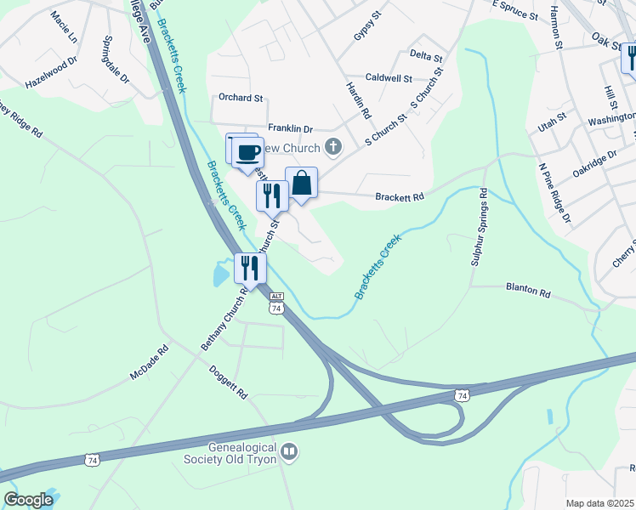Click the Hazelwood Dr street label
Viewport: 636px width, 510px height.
[x=51, y=73]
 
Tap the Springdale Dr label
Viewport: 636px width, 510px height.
[x=114, y=59]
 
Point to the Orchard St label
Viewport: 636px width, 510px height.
[x=241, y=97]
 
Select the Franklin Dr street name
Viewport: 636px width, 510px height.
[x=291, y=128]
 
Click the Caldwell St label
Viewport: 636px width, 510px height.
[x=388, y=78]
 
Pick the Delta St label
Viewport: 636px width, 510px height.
[x=426, y=57]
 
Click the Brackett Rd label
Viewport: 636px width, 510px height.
[x=400, y=197]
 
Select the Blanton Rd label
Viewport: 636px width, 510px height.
[x=528, y=291]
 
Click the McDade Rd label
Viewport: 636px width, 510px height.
[x=150, y=362]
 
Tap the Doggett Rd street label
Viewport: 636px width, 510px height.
[x=228, y=382]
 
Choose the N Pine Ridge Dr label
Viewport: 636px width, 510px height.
[x=554, y=193]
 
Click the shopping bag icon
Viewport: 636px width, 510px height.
[x=301, y=183]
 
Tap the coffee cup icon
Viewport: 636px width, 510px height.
[x=248, y=152]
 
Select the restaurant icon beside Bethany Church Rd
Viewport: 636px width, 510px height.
[x=251, y=269]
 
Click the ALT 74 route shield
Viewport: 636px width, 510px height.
[x=275, y=303]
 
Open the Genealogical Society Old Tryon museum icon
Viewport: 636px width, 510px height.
[x=289, y=450]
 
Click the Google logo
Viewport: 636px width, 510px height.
[x=28, y=499]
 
